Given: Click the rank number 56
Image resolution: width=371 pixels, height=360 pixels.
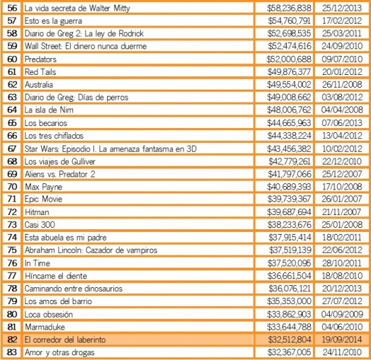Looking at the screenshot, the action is coord(12,8).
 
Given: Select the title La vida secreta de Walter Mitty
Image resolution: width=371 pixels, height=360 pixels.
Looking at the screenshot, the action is coord(77,8).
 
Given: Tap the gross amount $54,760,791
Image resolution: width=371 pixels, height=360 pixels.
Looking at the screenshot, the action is coord(289,21).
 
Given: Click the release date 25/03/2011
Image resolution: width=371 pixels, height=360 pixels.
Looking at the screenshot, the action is coord(342,33).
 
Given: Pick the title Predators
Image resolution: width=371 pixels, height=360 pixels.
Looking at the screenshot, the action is coord(40,59).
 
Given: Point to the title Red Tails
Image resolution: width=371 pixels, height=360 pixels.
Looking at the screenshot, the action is coord(40,72).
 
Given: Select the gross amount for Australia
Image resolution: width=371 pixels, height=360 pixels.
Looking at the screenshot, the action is coord(289,84).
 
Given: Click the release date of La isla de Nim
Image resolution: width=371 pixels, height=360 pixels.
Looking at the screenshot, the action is coord(342,110).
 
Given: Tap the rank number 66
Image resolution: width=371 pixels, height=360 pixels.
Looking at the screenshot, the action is coord(12,136).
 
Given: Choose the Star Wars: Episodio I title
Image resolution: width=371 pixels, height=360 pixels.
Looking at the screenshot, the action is coord(111,149).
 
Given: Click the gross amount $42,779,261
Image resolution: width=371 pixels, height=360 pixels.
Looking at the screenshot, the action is coord(289,161).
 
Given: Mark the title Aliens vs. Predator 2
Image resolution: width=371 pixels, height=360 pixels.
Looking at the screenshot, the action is coord(60,174).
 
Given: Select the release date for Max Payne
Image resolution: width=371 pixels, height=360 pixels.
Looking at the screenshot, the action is coord(342,187).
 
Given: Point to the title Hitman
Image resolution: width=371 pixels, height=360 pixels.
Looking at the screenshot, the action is coord(37,212).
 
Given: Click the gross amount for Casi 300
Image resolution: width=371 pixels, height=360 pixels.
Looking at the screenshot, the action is coord(289,224).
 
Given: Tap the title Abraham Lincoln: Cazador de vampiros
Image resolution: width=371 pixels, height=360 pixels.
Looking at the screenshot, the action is coord(91,250).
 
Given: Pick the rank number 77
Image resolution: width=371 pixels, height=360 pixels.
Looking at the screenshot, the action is coord(12,276).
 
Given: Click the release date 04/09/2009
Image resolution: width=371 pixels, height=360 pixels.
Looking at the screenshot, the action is coord(342,314).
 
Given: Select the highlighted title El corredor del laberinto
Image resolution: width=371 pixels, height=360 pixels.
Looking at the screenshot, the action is coord(65,340).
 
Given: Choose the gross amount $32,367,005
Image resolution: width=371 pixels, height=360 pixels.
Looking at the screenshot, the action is coord(289,353).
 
